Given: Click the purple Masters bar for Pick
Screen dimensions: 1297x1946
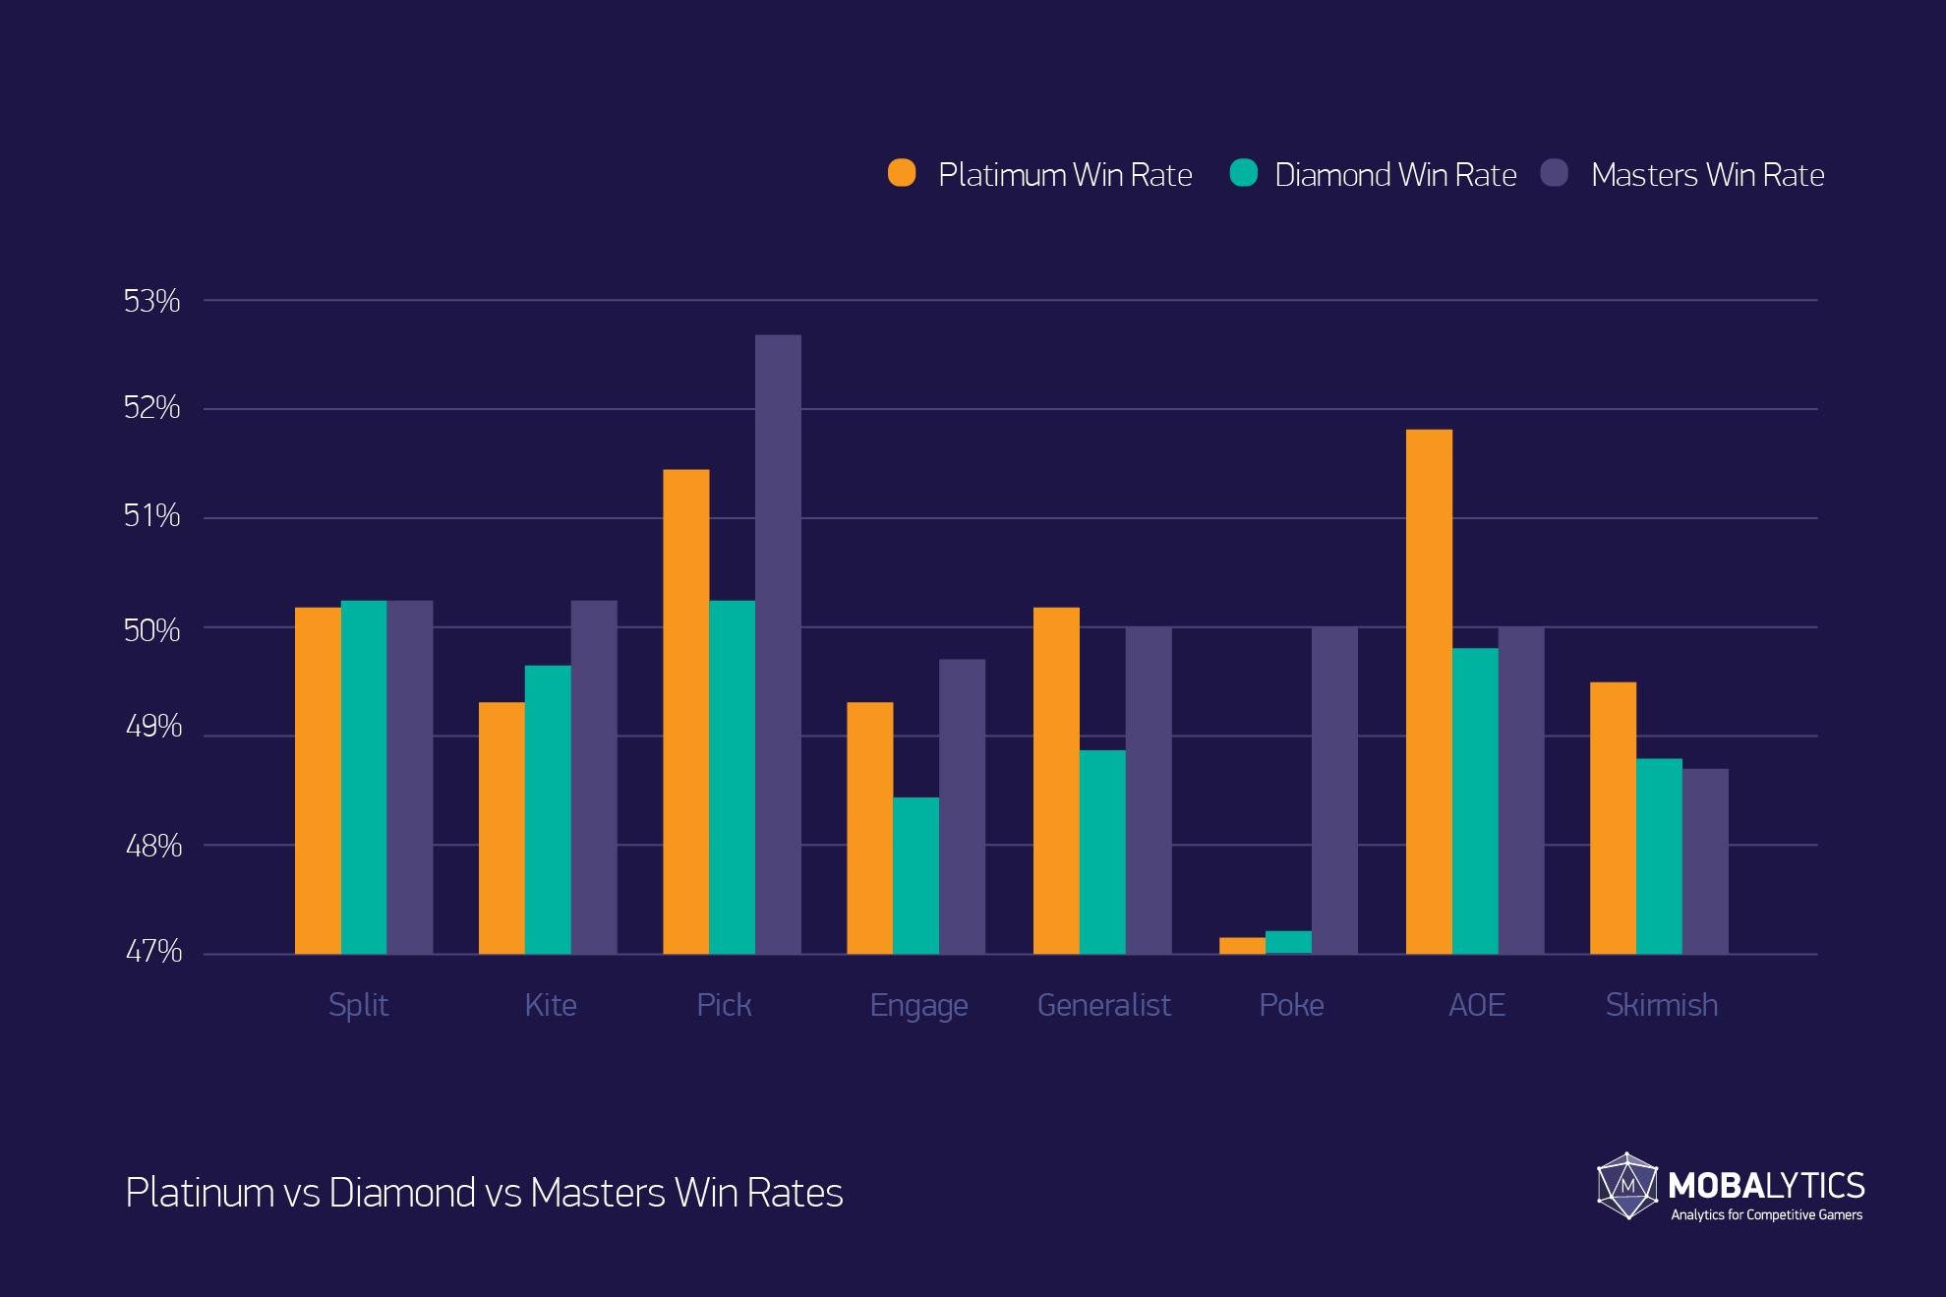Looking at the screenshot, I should click(x=778, y=644).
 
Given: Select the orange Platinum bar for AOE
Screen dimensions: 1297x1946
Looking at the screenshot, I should click(x=1429, y=691).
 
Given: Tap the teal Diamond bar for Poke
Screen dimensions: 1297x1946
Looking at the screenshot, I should click(x=1288, y=942).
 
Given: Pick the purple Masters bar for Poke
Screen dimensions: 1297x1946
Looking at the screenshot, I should click(x=1334, y=790).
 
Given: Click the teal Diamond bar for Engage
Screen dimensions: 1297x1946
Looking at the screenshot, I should click(x=915, y=875).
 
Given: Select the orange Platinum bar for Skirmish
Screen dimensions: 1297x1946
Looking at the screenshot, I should click(x=1613, y=817).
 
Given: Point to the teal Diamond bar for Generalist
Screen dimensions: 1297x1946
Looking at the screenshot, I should click(x=1102, y=852).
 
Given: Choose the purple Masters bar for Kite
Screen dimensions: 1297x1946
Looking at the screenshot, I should click(x=594, y=777).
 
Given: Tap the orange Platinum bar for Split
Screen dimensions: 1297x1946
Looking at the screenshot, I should click(x=318, y=780).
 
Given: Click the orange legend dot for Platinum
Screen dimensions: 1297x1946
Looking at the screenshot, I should click(x=902, y=173).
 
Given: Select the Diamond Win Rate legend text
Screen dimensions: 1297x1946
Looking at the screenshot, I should click(x=1395, y=175).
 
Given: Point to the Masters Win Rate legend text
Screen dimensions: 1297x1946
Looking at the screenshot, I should click(x=1707, y=175).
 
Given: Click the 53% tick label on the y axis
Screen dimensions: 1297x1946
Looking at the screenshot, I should click(x=151, y=301).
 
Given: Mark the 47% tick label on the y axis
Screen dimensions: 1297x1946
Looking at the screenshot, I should click(x=153, y=951).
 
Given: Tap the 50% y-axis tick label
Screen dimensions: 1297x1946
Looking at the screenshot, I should click(x=151, y=630).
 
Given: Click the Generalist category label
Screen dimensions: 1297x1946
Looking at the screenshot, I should click(x=1103, y=1005).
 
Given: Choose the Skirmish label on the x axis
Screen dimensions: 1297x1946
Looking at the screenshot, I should click(x=1661, y=1005).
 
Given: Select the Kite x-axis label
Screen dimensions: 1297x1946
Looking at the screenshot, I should click(x=550, y=1005).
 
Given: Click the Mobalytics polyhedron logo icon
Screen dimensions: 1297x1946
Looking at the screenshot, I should click(x=1627, y=1186).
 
